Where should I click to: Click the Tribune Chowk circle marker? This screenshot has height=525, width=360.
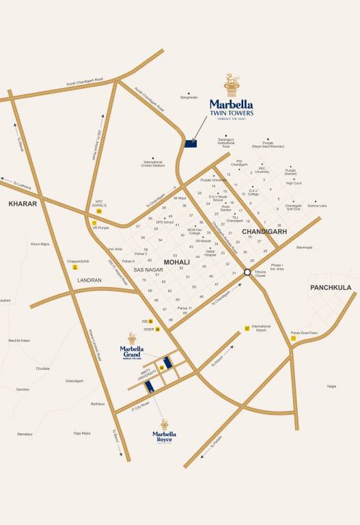click(x=248, y=271)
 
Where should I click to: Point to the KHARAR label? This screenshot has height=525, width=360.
click(x=23, y=204)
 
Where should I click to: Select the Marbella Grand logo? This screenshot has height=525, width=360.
click(x=131, y=353)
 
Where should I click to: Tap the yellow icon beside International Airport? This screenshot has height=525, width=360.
click(x=247, y=328)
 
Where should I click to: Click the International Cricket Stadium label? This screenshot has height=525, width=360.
click(x=154, y=164)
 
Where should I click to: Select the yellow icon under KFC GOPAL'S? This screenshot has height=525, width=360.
click(x=100, y=211)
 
